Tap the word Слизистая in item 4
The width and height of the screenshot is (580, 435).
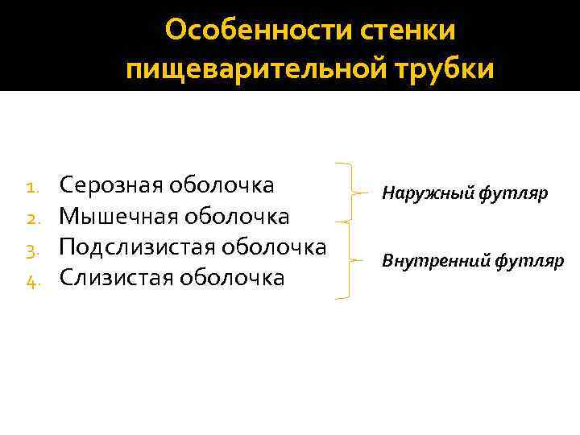(115, 277)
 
